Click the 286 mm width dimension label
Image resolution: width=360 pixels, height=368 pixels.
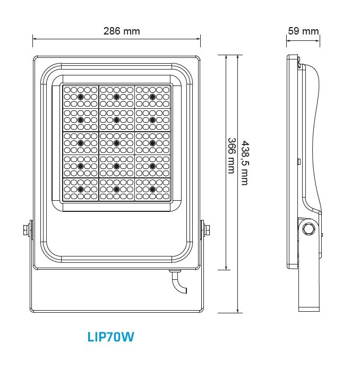pos(122,31)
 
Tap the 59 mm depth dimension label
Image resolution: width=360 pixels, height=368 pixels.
pos(303,31)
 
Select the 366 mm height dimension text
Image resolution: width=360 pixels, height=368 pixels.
pos(232,156)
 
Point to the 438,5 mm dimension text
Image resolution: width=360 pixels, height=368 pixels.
pos(245,163)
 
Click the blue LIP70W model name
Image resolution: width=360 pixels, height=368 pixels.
pos(111,337)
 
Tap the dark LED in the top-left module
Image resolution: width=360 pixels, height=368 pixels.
pos(81,97)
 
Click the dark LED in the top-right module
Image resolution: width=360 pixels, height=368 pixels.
pos(152,97)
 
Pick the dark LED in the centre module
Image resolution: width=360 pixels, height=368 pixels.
pos(117,143)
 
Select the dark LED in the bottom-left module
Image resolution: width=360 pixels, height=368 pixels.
pos(81,189)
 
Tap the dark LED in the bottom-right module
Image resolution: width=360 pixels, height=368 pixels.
pos(152,189)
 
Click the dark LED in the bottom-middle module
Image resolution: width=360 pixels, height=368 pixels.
pos(117,189)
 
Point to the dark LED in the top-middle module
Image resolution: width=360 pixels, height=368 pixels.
pos(117,97)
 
